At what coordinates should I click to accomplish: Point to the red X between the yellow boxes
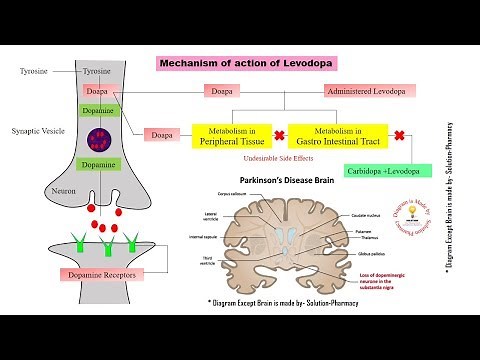[x=281, y=134]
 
